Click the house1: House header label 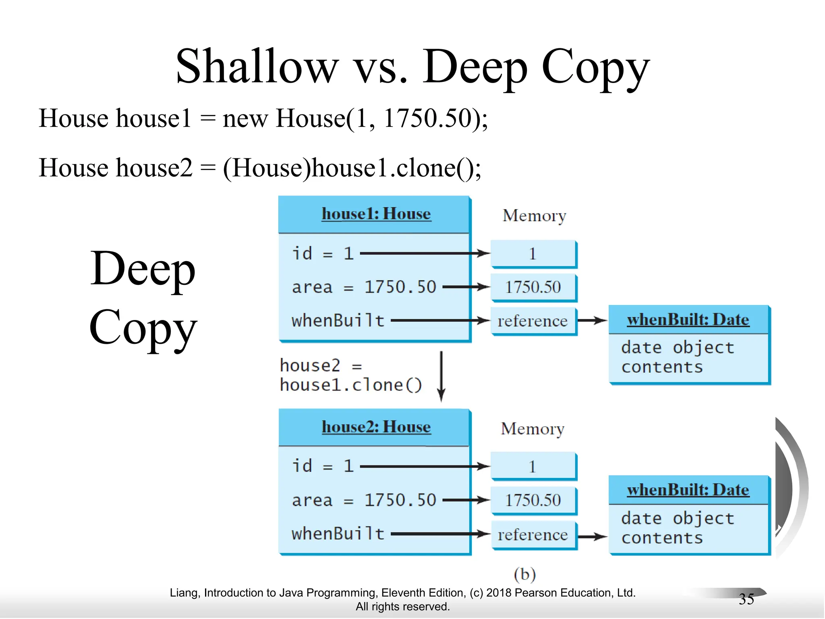pyautogui.click(x=376, y=214)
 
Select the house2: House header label pyautogui.click(x=376, y=427)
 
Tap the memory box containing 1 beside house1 pyautogui.click(x=533, y=254)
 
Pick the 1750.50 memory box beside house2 pyautogui.click(x=533, y=501)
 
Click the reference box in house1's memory pyautogui.click(x=533, y=321)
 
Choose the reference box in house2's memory pyautogui.click(x=533, y=535)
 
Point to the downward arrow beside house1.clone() pyautogui.click(x=442, y=376)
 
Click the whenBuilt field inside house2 pyautogui.click(x=338, y=534)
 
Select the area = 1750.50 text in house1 pyautogui.click(x=364, y=287)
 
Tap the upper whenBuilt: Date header pyautogui.click(x=688, y=320)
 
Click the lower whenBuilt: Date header pyautogui.click(x=688, y=490)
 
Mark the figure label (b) pyautogui.click(x=525, y=574)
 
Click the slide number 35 pyautogui.click(x=746, y=599)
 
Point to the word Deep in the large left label pyautogui.click(x=143, y=269)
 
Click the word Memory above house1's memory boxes pyautogui.click(x=534, y=216)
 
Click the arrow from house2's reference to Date pyautogui.click(x=592, y=536)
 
